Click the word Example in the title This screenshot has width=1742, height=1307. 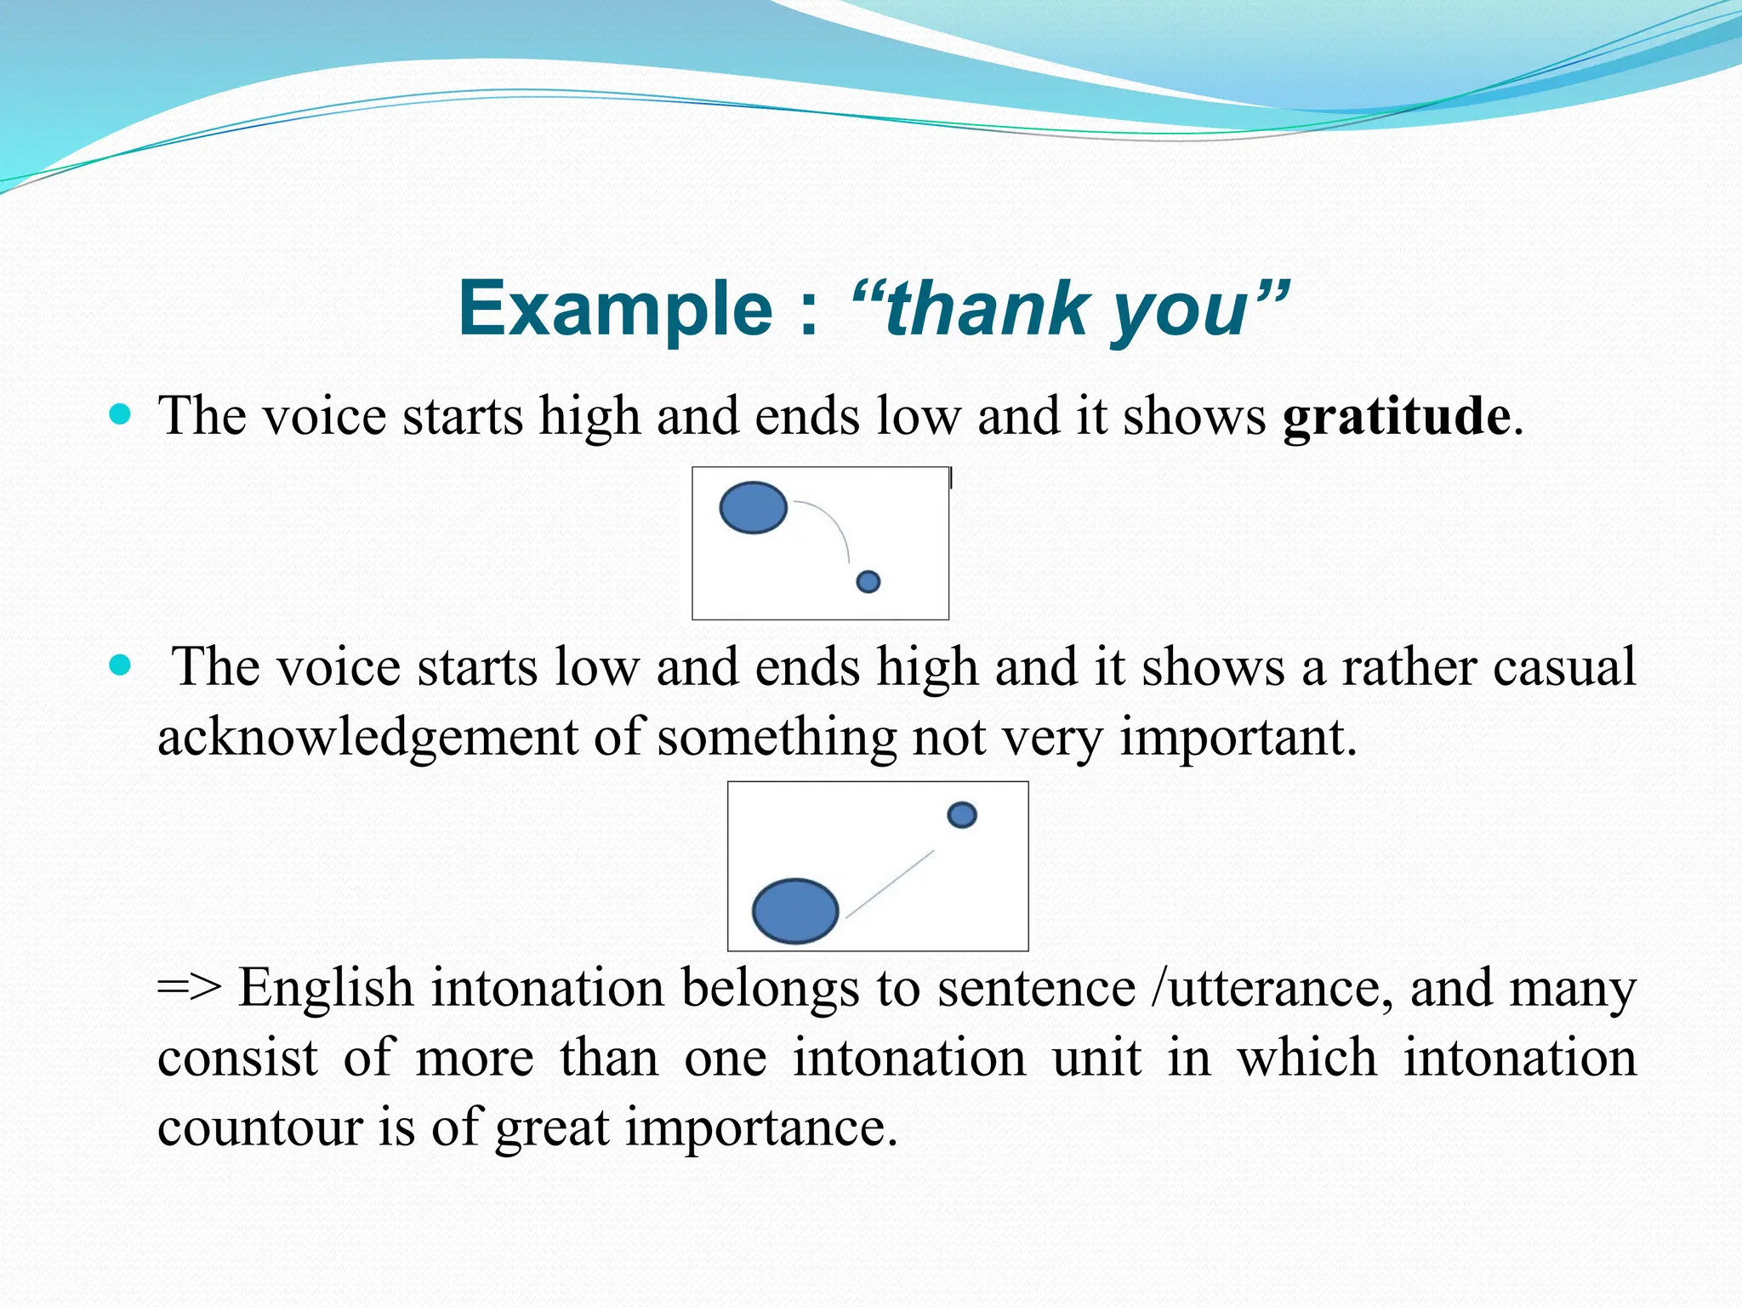pos(615,309)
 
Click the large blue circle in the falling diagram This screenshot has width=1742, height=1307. pos(753,507)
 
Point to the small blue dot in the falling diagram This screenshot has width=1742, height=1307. pos(868,581)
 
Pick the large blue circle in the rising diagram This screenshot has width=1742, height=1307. pos(795,910)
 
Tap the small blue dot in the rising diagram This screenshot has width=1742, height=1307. pos(961,815)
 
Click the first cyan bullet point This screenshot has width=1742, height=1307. pos(121,415)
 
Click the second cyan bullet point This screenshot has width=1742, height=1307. pos(121,665)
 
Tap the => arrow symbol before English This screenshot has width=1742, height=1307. pos(189,989)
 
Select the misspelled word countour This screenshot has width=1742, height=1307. pos(259,1128)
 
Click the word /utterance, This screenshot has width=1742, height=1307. pos(1270,989)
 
